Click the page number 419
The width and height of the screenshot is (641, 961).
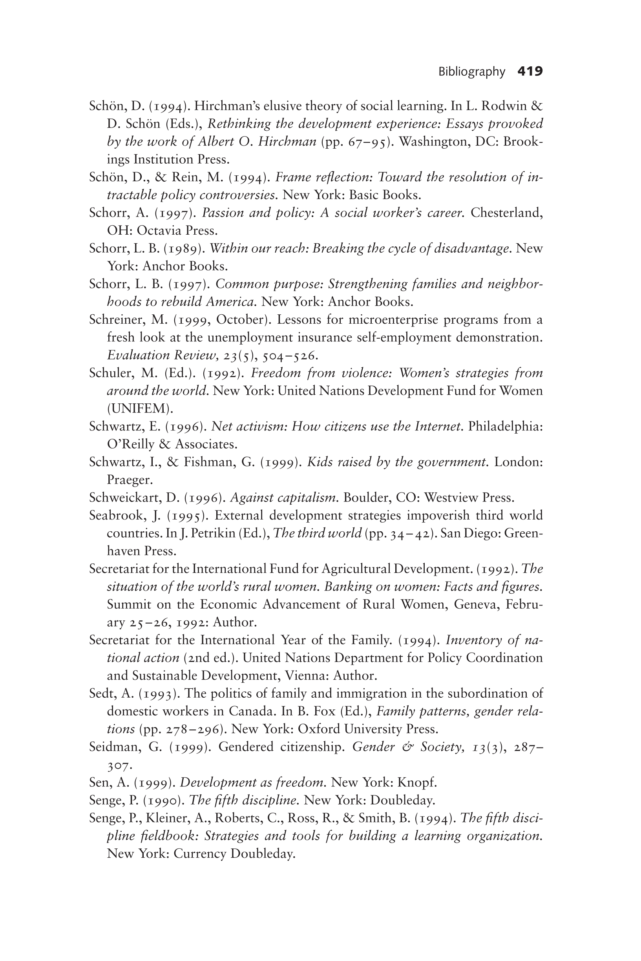530,71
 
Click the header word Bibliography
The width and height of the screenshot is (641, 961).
471,72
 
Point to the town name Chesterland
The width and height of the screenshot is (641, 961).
506,212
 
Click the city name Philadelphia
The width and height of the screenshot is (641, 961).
505,427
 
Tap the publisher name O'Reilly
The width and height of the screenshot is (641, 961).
131,444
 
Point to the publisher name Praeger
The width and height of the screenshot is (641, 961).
130,480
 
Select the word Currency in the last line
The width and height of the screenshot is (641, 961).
200,853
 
